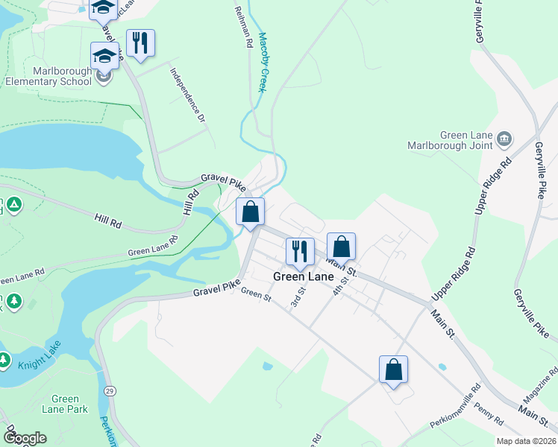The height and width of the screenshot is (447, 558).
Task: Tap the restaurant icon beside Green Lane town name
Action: [x=300, y=250]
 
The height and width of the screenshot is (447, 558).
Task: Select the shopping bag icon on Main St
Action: [x=341, y=246]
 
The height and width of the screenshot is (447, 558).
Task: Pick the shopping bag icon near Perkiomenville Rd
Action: [x=393, y=369]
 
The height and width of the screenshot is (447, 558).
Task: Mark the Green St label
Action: [x=256, y=295]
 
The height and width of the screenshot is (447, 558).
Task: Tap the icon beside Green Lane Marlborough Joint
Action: [x=504, y=138]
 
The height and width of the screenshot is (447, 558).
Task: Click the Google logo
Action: [x=25, y=438]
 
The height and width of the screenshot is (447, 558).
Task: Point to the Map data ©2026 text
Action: [x=526, y=441]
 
